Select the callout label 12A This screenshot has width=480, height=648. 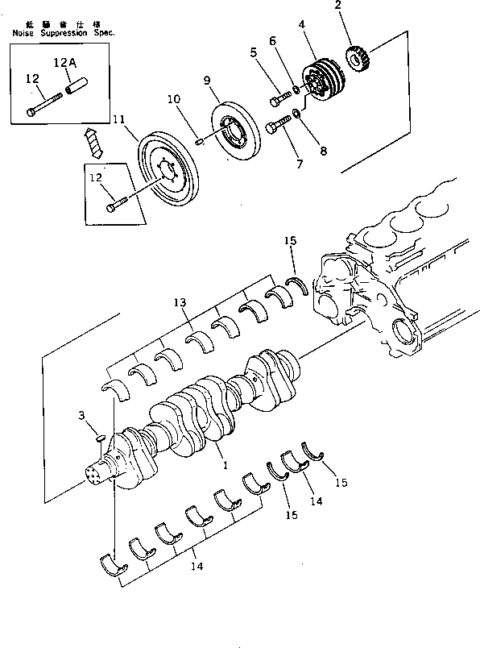tap(65, 62)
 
